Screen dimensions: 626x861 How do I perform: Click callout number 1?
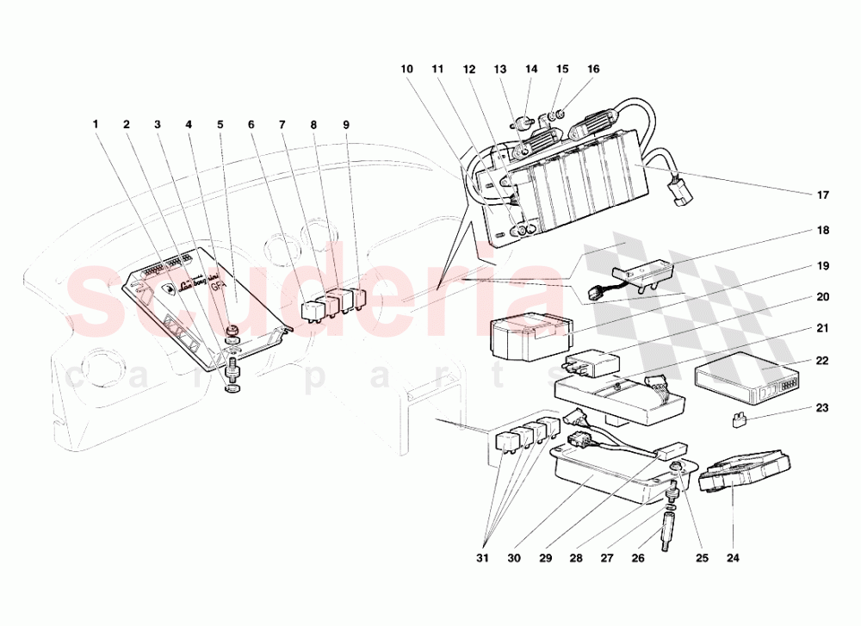point(96,124)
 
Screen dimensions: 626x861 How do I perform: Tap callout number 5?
point(220,124)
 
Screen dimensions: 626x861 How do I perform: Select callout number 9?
point(346,124)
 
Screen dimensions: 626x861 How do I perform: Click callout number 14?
point(531,69)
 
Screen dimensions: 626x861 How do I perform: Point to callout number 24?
point(732,558)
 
